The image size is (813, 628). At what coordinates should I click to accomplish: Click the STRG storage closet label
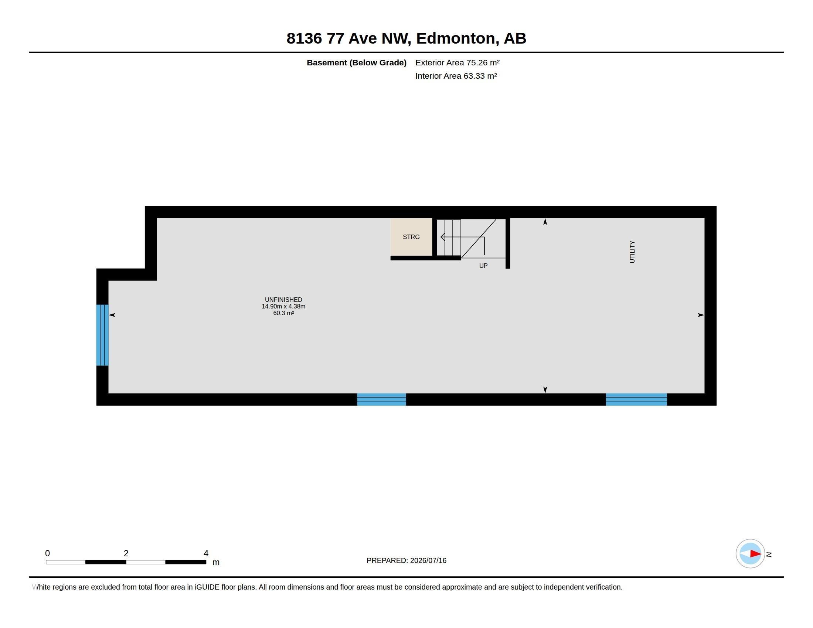(x=411, y=237)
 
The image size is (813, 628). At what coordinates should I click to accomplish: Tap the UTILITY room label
(x=632, y=252)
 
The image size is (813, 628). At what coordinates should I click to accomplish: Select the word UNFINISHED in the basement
(x=283, y=300)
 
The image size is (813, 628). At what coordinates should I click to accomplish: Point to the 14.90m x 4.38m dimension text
(x=283, y=306)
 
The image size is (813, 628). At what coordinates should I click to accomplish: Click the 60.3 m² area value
(x=283, y=313)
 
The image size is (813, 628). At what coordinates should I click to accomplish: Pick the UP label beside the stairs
(x=483, y=266)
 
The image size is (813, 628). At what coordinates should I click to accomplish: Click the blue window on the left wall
(x=102, y=335)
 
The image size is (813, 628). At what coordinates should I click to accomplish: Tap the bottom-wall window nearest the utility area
(x=636, y=400)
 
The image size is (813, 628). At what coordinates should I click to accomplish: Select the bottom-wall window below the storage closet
(x=381, y=400)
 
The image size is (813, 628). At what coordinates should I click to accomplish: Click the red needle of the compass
(x=755, y=554)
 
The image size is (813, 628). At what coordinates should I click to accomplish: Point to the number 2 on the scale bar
(x=126, y=553)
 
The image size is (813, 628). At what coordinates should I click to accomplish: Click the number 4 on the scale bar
(x=206, y=553)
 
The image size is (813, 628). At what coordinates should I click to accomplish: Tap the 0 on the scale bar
(x=47, y=553)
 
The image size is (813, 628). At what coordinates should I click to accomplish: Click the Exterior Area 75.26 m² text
(x=457, y=62)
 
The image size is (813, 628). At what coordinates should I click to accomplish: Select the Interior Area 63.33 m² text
(x=456, y=76)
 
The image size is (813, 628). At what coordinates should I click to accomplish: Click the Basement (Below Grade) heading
(x=356, y=62)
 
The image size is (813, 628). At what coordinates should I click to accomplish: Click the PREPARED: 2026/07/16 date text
(x=406, y=560)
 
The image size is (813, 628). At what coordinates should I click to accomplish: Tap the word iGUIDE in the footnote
(x=207, y=587)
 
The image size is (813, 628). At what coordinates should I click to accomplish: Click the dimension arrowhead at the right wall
(x=701, y=315)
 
